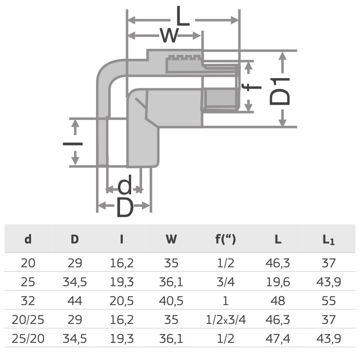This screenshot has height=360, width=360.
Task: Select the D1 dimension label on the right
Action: click(x=280, y=91)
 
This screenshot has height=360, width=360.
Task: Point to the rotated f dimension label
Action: click(x=253, y=86)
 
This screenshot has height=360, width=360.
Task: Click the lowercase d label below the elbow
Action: click(x=125, y=186)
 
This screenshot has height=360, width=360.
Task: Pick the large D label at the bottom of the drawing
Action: click(x=124, y=208)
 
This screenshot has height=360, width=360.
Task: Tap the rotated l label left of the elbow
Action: click(x=73, y=143)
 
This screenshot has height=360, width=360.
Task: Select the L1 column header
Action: click(x=328, y=240)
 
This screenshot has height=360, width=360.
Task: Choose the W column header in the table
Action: click(x=171, y=239)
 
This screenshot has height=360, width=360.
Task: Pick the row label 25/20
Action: click(x=28, y=339)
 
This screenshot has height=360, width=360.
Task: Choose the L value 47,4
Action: click(x=278, y=339)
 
